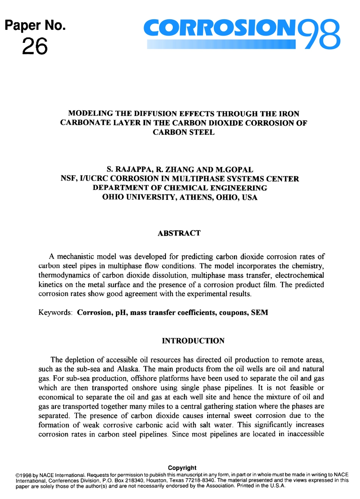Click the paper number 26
pyautogui.click(x=35, y=47)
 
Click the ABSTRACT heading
pyautogui.click(x=179, y=233)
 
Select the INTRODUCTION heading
pyautogui.click(x=193, y=341)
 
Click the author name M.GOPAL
pyautogui.click(x=234, y=170)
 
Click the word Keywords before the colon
pyautogui.click(x=55, y=313)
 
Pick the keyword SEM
pyautogui.click(x=260, y=313)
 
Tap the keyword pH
pyautogui.click(x=121, y=313)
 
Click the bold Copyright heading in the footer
pyautogui.click(x=182, y=468)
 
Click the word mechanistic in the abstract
pyautogui.click(x=76, y=257)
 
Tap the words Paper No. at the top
pyautogui.click(x=35, y=25)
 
